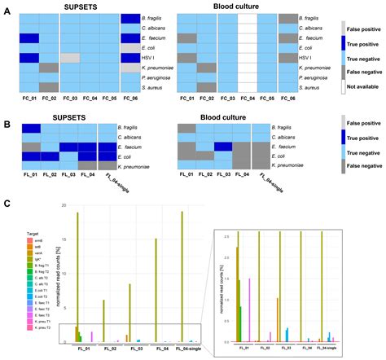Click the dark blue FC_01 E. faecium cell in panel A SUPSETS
(x=29, y=37)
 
